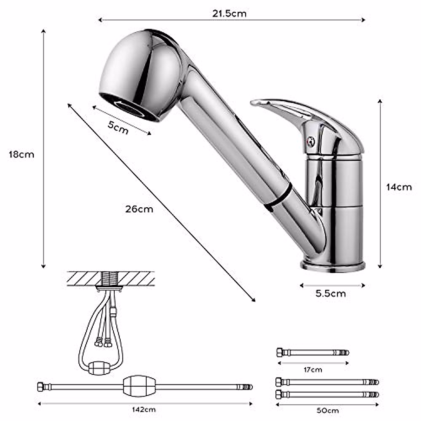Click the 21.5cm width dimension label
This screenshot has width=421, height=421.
point(229,13)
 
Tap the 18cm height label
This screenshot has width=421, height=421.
point(22,154)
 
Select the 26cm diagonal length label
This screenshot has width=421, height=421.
point(139,209)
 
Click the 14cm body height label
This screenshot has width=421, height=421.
point(399,187)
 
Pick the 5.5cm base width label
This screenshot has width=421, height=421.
point(330,293)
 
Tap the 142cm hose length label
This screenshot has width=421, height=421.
point(144,409)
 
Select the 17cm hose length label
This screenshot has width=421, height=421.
point(313,369)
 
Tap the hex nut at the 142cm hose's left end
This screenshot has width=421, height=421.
point(41,387)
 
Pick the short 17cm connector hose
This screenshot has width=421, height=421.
point(312,352)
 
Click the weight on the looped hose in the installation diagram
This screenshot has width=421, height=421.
point(99,368)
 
